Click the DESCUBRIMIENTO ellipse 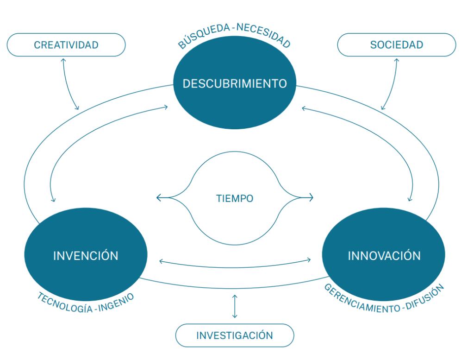tap(235, 83)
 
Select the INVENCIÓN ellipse tap(86, 255)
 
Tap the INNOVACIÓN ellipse tap(384, 255)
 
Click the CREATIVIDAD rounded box tap(66, 45)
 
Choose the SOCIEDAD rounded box tap(397, 45)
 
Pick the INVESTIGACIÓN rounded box tap(235, 335)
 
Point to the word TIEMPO tap(235, 198)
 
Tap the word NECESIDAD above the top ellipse tap(264, 35)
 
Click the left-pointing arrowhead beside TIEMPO tap(159, 198)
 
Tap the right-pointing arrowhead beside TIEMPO tap(311, 198)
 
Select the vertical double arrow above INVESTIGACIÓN tap(235, 306)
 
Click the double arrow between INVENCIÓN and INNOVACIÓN tap(235, 265)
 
